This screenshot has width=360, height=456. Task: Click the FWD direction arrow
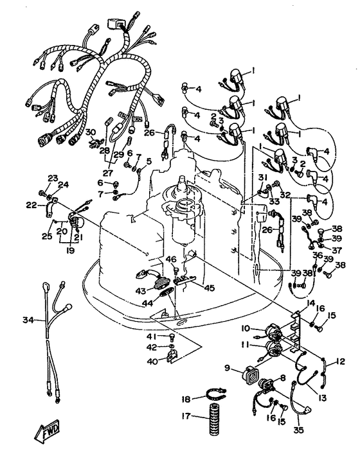tap(47, 432)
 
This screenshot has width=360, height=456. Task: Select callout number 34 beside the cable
tap(28, 320)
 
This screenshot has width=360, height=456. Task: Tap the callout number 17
tap(186, 416)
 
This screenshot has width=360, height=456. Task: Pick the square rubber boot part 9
tap(249, 376)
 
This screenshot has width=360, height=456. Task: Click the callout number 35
tap(298, 430)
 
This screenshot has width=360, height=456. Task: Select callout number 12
tap(340, 362)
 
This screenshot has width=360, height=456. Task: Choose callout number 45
tap(209, 288)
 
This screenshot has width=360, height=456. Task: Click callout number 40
tap(152, 362)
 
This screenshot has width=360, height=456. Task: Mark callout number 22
tap(31, 206)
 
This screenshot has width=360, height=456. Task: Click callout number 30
tap(91, 132)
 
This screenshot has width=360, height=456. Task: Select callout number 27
tap(108, 173)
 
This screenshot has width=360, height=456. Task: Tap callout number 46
tap(171, 259)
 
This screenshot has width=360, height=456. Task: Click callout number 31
tap(263, 177)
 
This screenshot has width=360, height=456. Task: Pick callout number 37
tap(336, 250)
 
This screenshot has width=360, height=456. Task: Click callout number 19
tap(71, 250)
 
